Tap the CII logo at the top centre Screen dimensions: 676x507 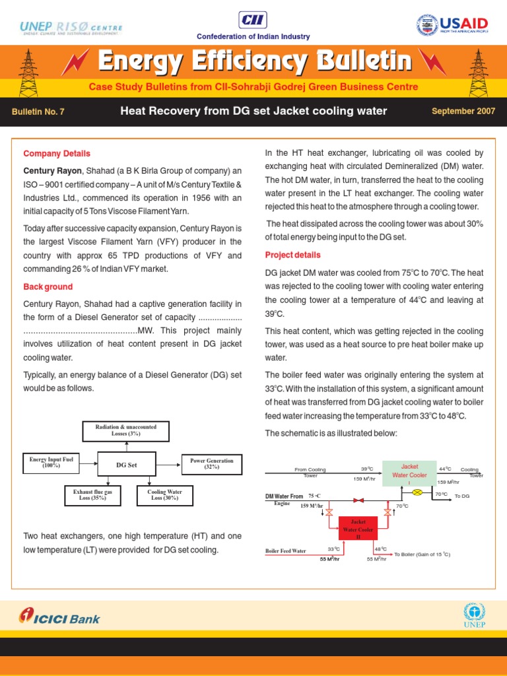253,18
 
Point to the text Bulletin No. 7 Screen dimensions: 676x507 38,112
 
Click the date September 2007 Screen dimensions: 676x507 463,111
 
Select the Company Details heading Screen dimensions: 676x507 57,154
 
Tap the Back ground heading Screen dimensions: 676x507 48,287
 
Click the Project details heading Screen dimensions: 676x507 293,255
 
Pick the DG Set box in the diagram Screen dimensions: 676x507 127,465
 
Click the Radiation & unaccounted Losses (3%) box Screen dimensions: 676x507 126,431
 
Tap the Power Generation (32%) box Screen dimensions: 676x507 211,463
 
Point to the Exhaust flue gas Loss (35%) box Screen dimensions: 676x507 93,495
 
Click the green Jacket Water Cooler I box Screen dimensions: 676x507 409,475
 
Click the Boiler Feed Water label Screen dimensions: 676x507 286,551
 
